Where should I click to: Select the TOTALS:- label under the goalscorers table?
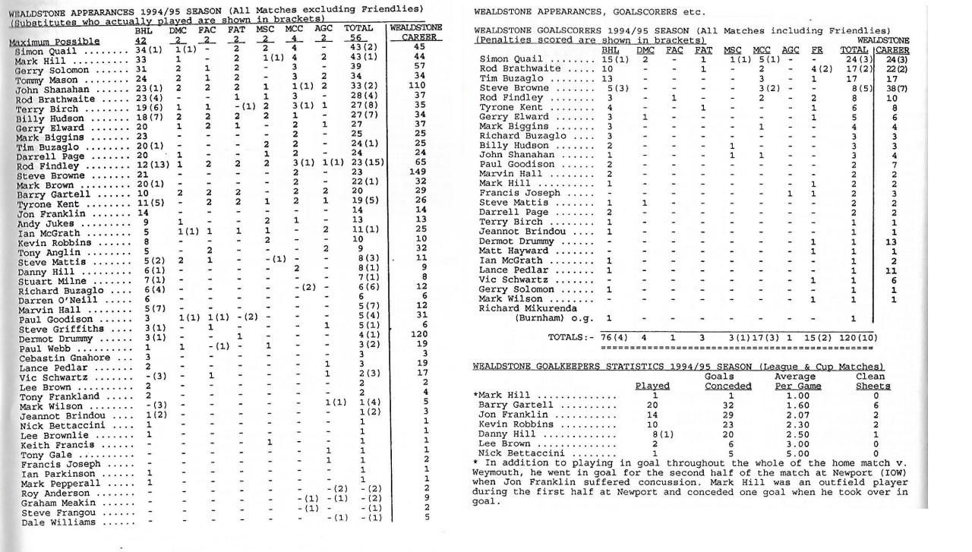coord(570,338)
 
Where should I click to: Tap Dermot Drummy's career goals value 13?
coord(895,241)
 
